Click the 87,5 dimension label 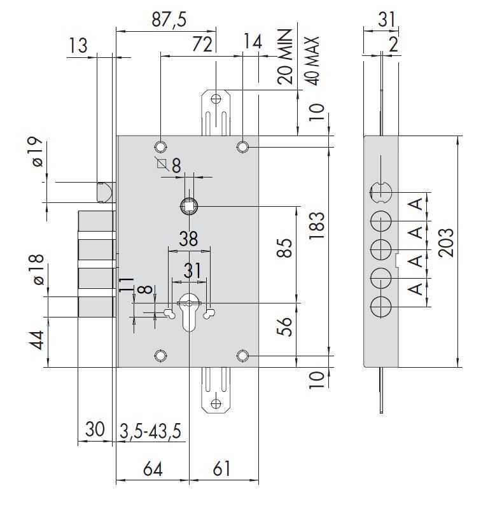point(169,20)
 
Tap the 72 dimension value point(202,44)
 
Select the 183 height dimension point(317,226)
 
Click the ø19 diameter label point(38,152)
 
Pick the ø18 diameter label point(39,270)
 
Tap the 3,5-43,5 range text point(151,431)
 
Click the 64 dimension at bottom point(153,469)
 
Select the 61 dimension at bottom point(222,469)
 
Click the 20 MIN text point(286,57)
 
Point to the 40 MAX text point(312,61)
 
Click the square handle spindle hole point(188,206)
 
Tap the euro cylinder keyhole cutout point(189,312)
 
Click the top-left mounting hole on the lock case point(160,147)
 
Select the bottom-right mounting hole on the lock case point(242,356)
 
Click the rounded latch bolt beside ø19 point(106,192)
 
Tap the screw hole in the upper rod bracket point(216,99)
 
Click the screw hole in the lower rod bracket point(216,403)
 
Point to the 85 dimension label point(284,248)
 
